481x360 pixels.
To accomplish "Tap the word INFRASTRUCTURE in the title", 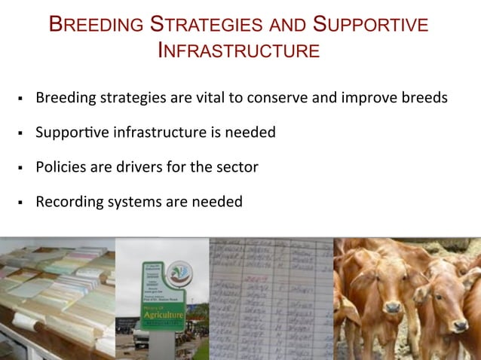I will (x=238, y=51).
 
